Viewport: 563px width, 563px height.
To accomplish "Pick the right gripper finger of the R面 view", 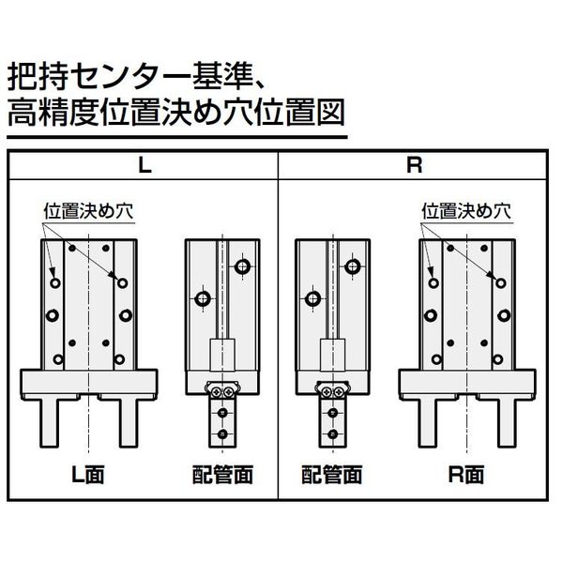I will tap(504, 425).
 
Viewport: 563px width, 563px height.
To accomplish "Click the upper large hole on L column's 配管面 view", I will tap(244, 266).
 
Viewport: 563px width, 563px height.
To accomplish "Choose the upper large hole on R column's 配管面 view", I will tap(353, 266).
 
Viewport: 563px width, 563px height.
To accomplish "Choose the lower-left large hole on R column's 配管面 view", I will tap(311, 299).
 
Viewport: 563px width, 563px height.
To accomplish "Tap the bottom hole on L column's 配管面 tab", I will tap(223, 434).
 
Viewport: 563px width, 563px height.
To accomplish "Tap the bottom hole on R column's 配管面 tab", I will tap(332, 434).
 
